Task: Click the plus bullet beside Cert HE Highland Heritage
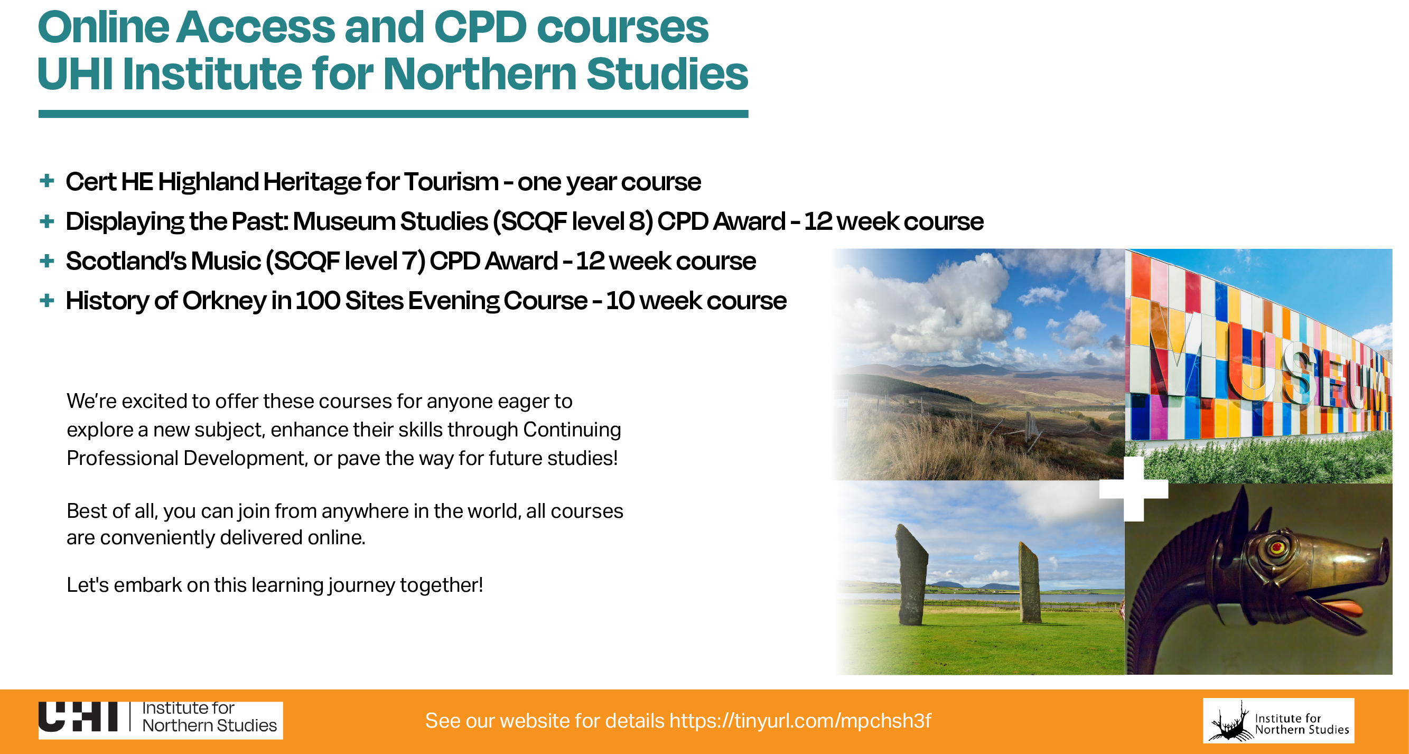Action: tap(47, 181)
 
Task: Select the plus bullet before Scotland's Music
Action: tap(47, 260)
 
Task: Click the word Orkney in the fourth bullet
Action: tap(223, 302)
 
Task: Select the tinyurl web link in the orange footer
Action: tap(800, 721)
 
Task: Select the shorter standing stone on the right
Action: tap(1029, 582)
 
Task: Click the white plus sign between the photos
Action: tap(1134, 489)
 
